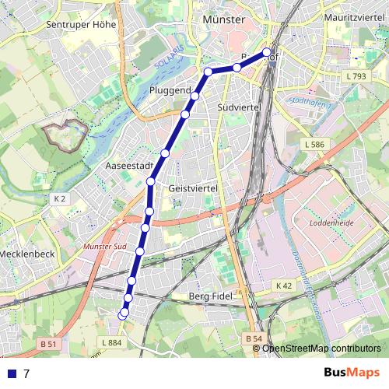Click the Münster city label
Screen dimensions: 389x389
[x=223, y=19]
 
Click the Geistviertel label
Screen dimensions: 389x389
[x=191, y=188]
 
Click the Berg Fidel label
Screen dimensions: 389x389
[x=212, y=296]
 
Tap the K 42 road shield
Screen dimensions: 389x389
[x=285, y=286]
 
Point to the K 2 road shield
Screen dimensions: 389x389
[x=60, y=199]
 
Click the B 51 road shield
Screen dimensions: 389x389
[x=48, y=343]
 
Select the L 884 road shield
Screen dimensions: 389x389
[x=112, y=342]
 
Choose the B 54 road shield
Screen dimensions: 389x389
[x=252, y=338]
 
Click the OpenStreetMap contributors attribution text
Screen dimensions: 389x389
[x=321, y=348]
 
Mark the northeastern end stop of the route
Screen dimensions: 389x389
[x=267, y=53]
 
